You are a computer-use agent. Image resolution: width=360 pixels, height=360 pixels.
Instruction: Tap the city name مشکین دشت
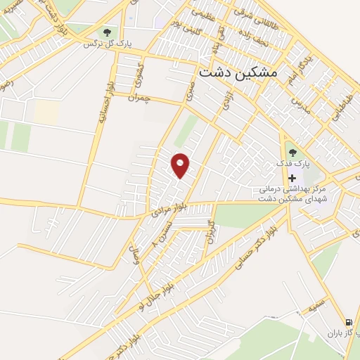coord(239,72)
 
